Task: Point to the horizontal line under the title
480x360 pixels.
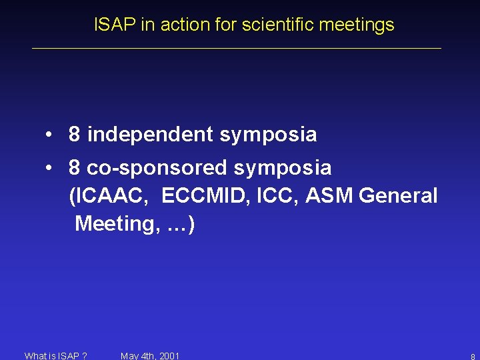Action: point(237,48)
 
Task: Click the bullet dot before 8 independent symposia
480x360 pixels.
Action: point(50,135)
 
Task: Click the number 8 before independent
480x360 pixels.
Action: point(75,135)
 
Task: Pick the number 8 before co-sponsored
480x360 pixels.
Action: point(75,167)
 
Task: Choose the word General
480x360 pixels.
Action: point(398,196)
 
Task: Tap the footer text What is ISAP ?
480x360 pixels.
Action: point(55,355)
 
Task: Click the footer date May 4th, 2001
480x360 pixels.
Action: point(150,355)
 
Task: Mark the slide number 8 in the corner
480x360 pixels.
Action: point(472,357)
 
